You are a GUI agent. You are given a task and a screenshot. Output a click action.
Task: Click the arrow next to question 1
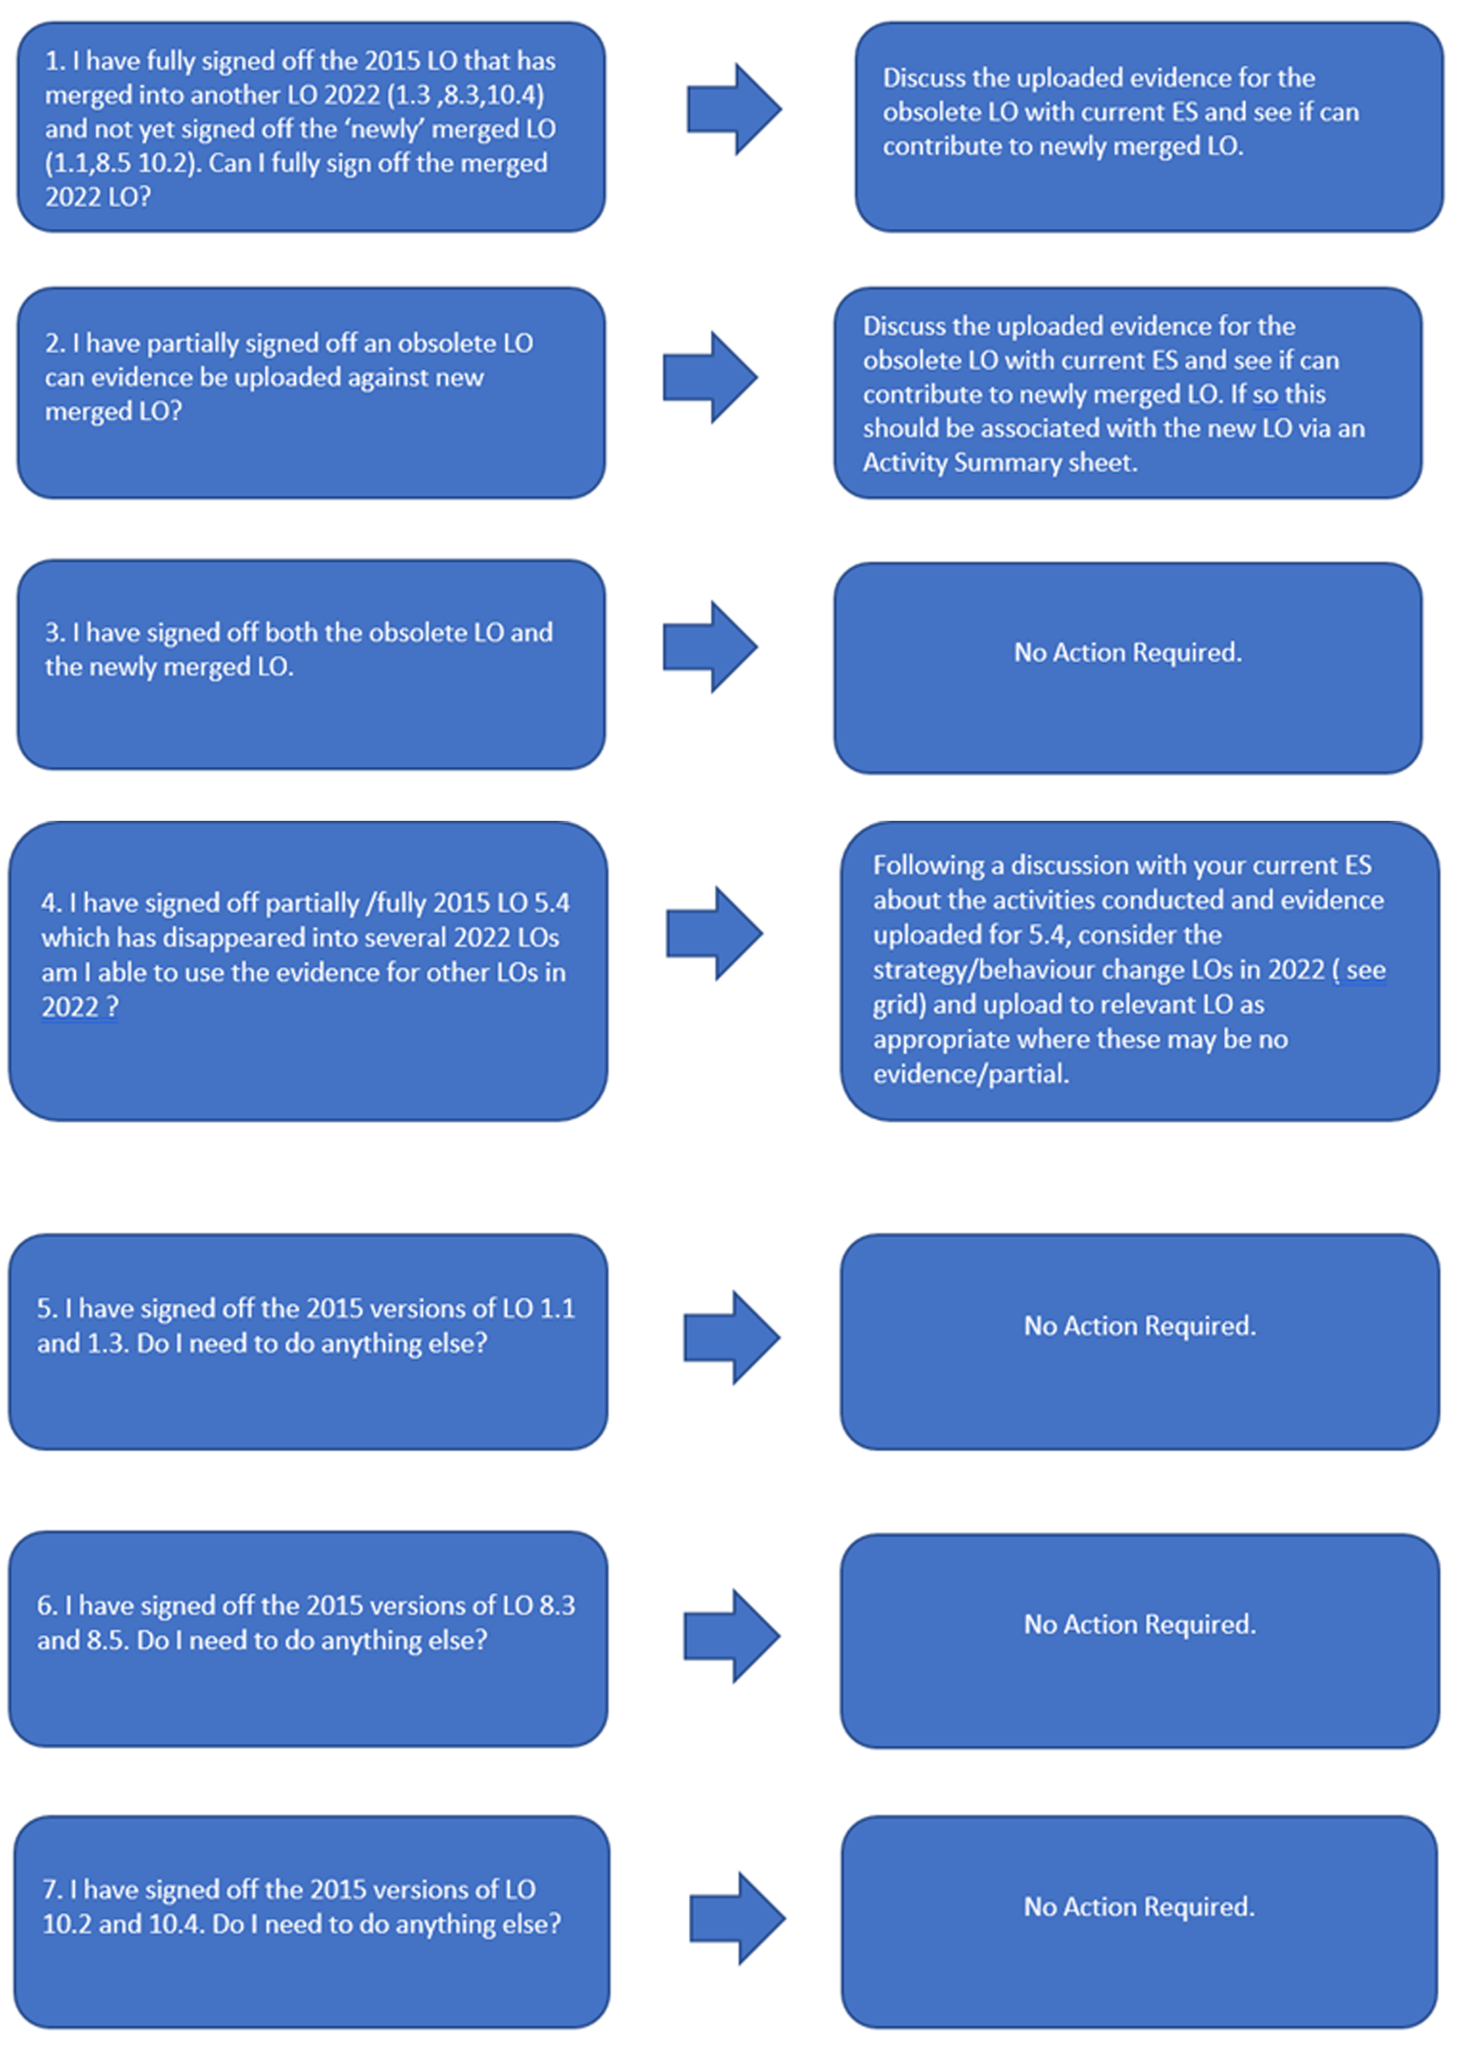click(733, 109)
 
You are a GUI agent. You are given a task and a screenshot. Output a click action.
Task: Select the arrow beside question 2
click(710, 377)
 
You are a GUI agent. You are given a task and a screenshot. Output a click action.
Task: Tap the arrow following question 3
click(710, 646)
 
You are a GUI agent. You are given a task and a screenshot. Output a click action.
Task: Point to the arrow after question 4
click(715, 933)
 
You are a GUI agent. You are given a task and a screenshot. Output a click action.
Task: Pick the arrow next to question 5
click(732, 1337)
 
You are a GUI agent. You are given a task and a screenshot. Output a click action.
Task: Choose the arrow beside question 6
click(732, 1636)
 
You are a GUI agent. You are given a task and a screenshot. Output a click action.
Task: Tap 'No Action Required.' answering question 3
click(1128, 652)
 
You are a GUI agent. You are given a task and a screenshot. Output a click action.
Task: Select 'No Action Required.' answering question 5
click(1139, 1325)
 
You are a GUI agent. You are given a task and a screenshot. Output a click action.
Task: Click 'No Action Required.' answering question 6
click(1139, 1623)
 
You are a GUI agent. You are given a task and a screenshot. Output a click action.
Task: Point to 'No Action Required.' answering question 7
click(1139, 1906)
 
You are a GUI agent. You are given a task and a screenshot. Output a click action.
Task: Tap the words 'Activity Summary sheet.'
click(1000, 462)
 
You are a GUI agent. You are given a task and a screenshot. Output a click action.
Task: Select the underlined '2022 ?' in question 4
click(79, 1006)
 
